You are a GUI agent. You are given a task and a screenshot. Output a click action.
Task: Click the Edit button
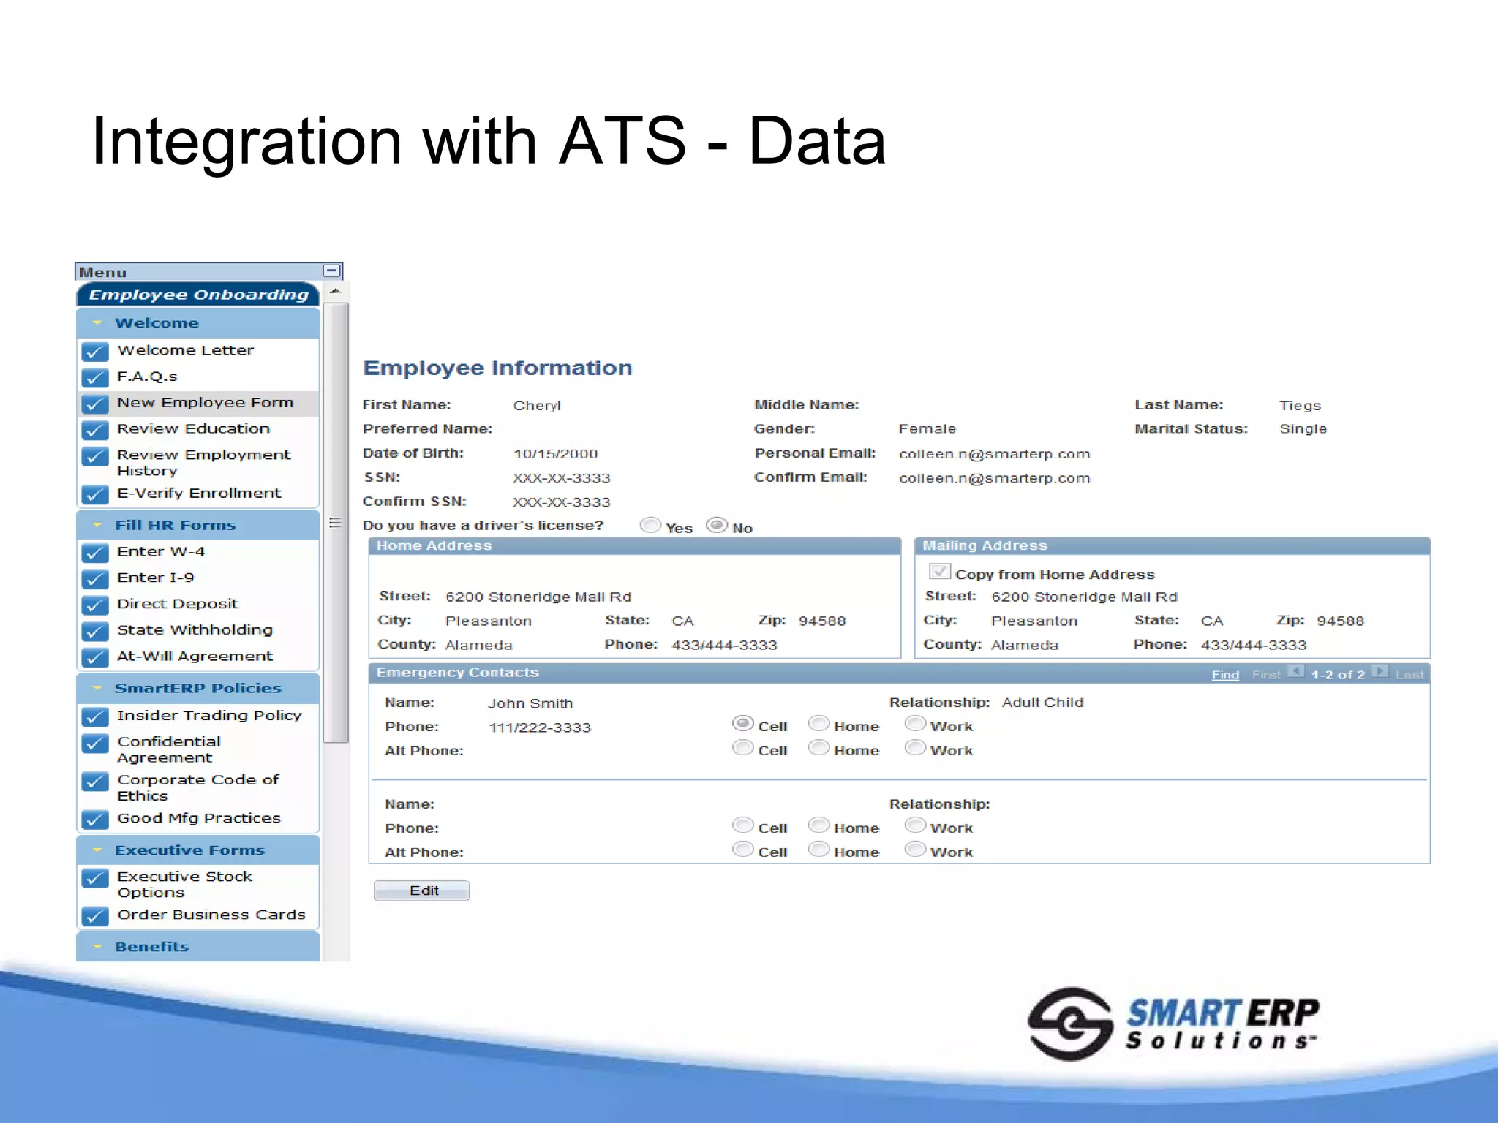point(421,891)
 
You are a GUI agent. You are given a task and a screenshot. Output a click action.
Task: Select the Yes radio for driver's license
point(650,525)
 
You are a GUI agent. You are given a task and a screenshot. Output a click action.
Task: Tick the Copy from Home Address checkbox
point(939,572)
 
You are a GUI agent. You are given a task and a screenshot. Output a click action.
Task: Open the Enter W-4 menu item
point(161,552)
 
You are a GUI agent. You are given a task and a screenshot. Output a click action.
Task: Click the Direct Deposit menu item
point(178,604)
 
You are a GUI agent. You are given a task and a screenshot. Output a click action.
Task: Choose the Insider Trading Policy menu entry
point(209,716)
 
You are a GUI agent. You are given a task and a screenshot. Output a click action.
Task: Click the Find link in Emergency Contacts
point(1224,675)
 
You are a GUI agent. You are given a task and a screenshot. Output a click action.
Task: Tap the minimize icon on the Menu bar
point(331,271)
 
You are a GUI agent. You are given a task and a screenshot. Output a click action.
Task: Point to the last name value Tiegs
point(1300,406)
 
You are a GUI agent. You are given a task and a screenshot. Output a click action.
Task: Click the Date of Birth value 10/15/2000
point(555,454)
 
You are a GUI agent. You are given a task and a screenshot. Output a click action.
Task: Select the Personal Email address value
point(994,454)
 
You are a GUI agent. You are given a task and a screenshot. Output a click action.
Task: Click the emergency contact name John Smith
point(530,703)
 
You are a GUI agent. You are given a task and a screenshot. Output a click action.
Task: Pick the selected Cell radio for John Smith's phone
point(742,723)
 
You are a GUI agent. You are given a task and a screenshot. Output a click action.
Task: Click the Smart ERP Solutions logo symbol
point(1070,1024)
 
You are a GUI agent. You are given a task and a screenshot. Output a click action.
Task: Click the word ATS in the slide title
point(622,140)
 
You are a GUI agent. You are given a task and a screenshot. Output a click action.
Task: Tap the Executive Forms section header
point(189,850)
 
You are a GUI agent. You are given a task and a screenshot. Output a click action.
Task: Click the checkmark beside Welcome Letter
point(95,352)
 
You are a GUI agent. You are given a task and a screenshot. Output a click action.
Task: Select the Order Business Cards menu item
point(211,915)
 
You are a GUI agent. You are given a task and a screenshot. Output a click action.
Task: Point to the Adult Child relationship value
point(1042,703)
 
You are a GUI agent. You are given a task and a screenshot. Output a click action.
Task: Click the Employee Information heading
point(497,368)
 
